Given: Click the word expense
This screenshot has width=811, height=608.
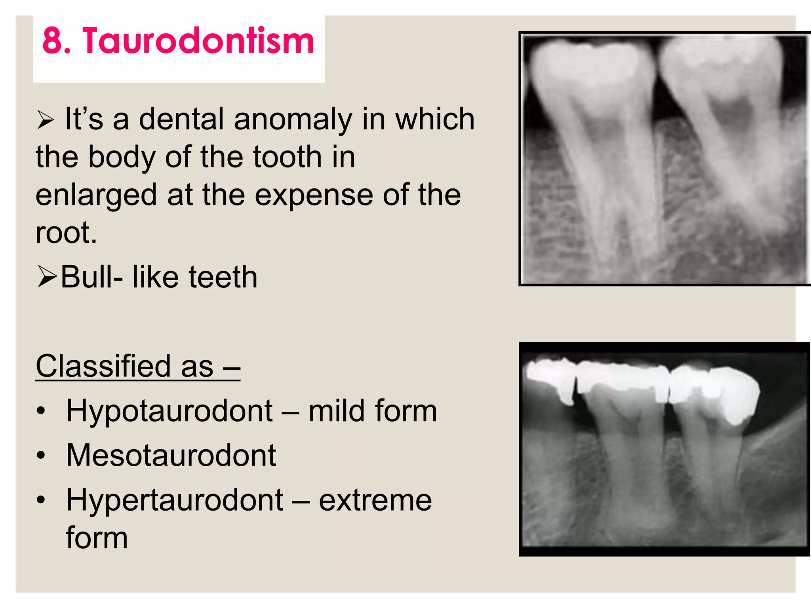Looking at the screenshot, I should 313,196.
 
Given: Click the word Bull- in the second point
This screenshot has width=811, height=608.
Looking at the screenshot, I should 91,277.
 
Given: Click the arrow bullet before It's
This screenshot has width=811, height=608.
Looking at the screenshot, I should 45,120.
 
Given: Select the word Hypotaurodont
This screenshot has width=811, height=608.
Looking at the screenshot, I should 169,411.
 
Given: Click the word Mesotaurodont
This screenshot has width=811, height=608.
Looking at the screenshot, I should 171,455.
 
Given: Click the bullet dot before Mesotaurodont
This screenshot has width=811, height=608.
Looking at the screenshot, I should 41,456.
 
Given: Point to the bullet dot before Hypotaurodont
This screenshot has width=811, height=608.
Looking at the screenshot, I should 41,411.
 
